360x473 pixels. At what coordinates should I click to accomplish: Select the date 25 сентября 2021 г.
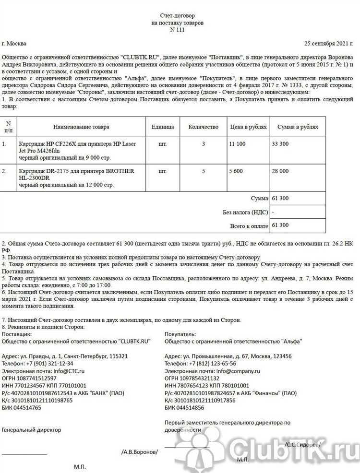pyautogui.click(x=331, y=43)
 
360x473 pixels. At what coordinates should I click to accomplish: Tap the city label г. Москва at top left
pyautogui.click(x=14, y=43)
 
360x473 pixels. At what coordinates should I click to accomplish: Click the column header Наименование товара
pyautogui.click(x=81, y=127)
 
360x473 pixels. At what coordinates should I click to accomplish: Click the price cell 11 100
pyautogui.click(x=238, y=143)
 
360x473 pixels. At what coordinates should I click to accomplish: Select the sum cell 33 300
pyautogui.click(x=280, y=143)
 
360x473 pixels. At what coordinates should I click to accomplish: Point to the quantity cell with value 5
pyautogui.click(x=203, y=171)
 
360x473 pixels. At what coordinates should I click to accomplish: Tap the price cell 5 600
pyautogui.click(x=236, y=171)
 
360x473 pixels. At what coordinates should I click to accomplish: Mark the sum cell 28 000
pyautogui.click(x=280, y=171)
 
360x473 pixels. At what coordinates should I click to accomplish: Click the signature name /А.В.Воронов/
pyautogui.click(x=139, y=452)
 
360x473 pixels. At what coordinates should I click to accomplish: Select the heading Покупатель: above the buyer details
pyautogui.click(x=180, y=334)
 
